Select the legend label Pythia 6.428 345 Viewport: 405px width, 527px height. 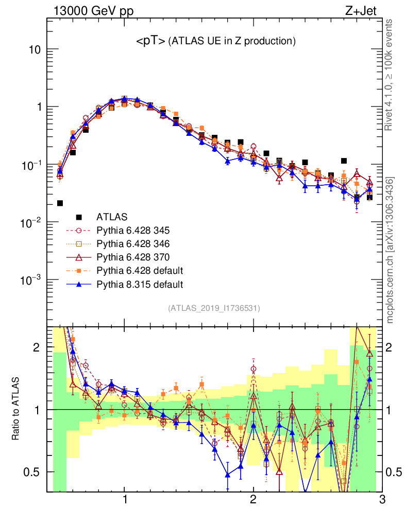(x=137, y=230)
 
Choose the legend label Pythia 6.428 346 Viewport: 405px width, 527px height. (x=137, y=243)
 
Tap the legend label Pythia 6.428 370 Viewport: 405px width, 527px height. (x=137, y=257)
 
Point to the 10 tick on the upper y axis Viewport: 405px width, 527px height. (x=34, y=50)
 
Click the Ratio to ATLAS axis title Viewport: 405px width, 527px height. (x=16, y=409)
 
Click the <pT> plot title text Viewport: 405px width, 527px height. (x=215, y=42)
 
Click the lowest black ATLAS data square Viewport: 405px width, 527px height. (x=60, y=203)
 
